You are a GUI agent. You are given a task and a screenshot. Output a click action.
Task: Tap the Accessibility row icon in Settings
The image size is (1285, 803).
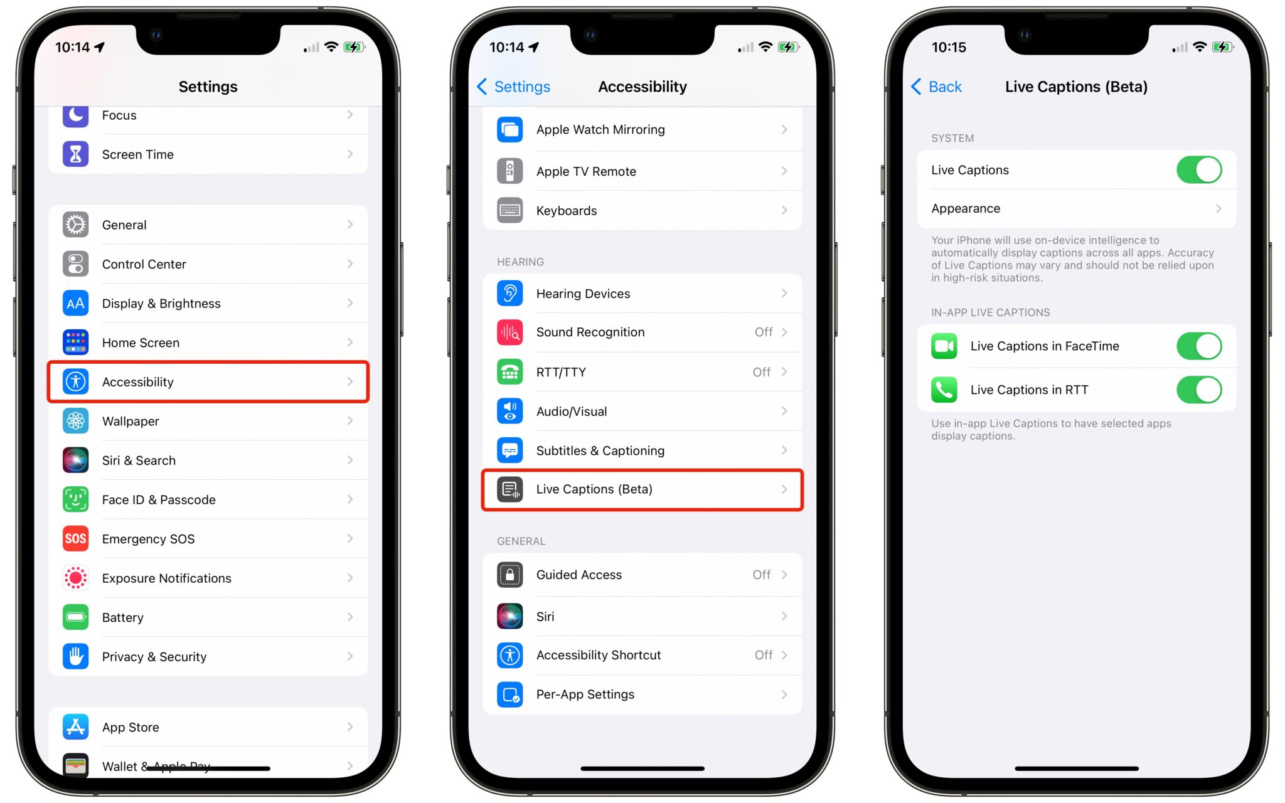tap(76, 381)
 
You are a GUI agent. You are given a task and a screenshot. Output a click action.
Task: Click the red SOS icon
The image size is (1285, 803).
tap(76, 539)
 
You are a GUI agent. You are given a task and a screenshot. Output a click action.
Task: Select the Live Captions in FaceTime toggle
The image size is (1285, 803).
tap(1198, 346)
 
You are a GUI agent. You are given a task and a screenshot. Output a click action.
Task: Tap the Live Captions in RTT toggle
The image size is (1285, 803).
tap(1198, 390)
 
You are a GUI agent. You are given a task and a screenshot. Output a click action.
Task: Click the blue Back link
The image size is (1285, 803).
tap(937, 87)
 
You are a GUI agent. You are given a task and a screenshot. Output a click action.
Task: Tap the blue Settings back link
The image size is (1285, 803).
tap(514, 87)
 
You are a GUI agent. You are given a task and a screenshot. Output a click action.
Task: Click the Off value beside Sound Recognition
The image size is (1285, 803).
tap(763, 332)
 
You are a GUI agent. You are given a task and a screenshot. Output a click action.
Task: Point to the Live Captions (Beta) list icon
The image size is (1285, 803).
tap(510, 489)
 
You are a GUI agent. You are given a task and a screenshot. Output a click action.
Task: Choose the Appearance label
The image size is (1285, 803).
tap(966, 208)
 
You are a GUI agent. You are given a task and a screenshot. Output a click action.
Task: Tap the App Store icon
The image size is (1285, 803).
tap(76, 727)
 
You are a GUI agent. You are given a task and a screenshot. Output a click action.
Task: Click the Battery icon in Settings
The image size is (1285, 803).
tap(76, 617)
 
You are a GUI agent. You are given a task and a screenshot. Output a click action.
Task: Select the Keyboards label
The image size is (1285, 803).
tap(567, 211)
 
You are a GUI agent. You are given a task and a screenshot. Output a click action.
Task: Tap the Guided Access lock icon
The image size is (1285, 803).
tap(510, 575)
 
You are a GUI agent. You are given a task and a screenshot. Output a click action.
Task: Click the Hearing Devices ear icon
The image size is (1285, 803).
tap(510, 294)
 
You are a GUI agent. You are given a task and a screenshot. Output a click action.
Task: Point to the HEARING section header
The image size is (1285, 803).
tap(520, 262)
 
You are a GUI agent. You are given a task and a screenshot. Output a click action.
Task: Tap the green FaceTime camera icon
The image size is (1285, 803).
tap(944, 346)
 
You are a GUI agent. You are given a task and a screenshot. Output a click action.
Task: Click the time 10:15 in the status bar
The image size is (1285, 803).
tap(949, 47)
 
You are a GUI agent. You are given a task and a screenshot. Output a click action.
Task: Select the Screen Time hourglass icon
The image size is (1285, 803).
tap(76, 154)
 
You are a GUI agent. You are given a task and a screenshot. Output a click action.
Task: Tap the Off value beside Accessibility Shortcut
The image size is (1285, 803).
tap(763, 655)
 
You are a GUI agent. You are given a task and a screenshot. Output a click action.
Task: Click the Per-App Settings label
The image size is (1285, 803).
tap(585, 694)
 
